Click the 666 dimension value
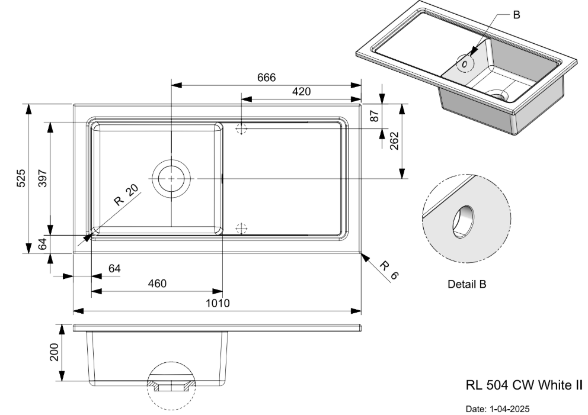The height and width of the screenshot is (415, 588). (x=266, y=78)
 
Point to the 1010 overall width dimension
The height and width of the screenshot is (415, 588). (x=217, y=303)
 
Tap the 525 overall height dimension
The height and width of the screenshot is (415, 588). (x=21, y=178)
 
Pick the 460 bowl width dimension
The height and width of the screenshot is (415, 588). (x=156, y=284)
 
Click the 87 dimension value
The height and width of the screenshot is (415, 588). (x=374, y=115)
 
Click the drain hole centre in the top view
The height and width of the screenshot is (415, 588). (x=171, y=178)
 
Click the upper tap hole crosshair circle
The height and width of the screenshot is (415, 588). (x=241, y=128)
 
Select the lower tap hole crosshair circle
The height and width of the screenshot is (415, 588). (x=241, y=228)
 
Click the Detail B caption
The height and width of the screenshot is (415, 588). (x=466, y=285)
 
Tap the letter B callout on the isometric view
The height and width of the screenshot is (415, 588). (x=516, y=15)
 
